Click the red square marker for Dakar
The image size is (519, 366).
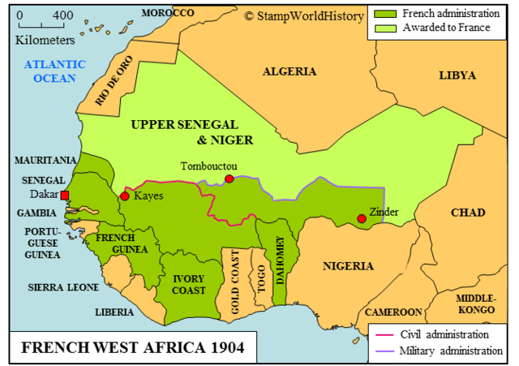pos(65,195)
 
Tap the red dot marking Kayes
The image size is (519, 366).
pos(124,196)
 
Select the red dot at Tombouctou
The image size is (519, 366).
pos(229,179)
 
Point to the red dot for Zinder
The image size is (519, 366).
pos(361,218)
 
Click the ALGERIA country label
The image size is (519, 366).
pos(290,71)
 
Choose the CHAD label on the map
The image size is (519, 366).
pos(468,213)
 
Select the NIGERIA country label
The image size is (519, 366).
pos(348,265)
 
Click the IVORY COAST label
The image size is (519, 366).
pos(188,284)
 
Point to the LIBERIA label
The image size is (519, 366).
pos(114,312)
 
